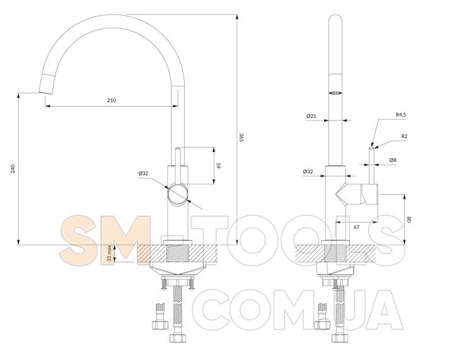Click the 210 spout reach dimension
(x=112, y=100)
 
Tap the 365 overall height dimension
(x=241, y=137)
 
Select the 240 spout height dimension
(x=13, y=168)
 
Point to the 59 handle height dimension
(x=219, y=165)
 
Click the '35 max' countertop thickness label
(x=110, y=253)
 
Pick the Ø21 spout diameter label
(x=311, y=116)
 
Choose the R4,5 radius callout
(x=401, y=114)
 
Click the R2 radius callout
(x=404, y=136)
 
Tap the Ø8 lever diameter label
(x=393, y=160)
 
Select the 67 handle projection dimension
(x=357, y=227)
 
